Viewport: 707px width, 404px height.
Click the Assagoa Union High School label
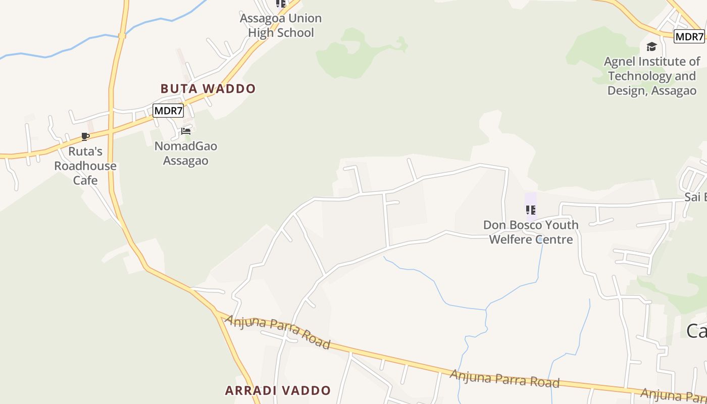pyautogui.click(x=280, y=25)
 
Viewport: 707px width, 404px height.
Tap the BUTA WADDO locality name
pyautogui.click(x=208, y=88)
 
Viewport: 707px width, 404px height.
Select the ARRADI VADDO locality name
pyautogui.click(x=278, y=390)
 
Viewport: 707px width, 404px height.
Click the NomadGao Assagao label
pyautogui.click(x=186, y=154)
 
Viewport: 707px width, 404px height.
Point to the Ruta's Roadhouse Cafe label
pyautogui.click(x=85, y=166)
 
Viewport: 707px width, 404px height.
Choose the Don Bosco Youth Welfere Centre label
pyautogui.click(x=531, y=232)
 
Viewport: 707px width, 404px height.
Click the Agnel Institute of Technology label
pyautogui.click(x=652, y=76)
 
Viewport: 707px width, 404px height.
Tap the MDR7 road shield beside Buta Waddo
pyautogui.click(x=168, y=110)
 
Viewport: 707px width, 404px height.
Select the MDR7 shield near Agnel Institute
pyautogui.click(x=689, y=36)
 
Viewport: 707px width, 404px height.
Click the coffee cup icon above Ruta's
pyautogui.click(x=85, y=137)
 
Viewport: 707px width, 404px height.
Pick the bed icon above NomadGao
pyautogui.click(x=186, y=131)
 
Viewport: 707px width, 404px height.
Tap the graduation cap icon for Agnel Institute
pyautogui.click(x=651, y=47)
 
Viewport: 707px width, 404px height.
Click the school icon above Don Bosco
pyautogui.click(x=530, y=210)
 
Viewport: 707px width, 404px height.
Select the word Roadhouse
pyautogui.click(x=85, y=166)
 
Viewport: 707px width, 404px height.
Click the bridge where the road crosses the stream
pyautogui.click(x=122, y=35)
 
